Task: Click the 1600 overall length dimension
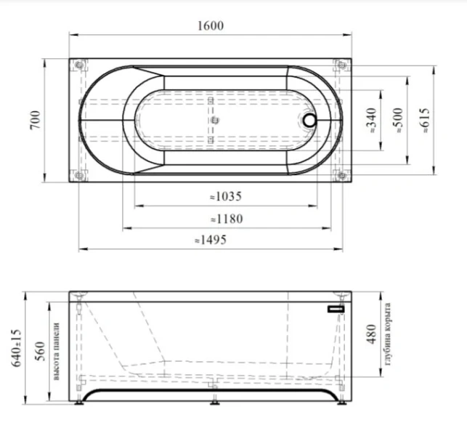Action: (211, 25)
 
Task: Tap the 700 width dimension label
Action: (35, 120)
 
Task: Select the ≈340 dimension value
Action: (371, 121)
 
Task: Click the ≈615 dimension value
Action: (424, 121)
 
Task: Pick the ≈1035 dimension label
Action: (226, 196)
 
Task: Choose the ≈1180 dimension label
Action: (227, 219)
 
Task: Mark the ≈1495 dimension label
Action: (211, 240)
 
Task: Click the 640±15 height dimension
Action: (16, 348)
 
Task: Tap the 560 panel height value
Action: (40, 351)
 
